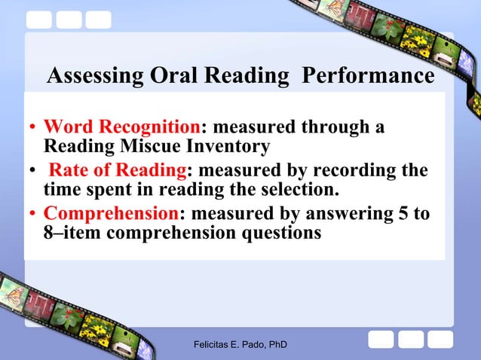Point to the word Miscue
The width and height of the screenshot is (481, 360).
(x=160, y=145)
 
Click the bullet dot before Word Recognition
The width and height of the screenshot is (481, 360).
(x=33, y=128)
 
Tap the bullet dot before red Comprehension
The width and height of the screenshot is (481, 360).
(x=33, y=215)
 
